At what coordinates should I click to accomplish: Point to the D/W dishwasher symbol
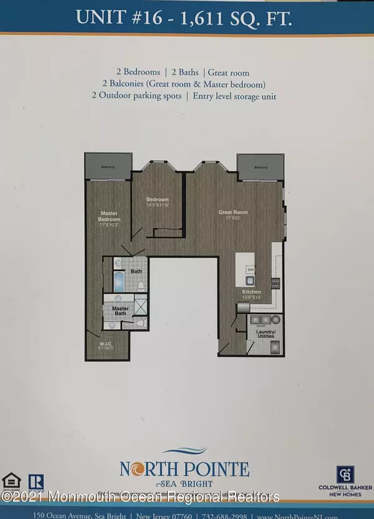(251, 270)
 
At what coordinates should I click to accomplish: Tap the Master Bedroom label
(109, 217)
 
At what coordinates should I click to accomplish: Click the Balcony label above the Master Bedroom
(108, 166)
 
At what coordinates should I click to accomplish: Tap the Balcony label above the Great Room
(261, 167)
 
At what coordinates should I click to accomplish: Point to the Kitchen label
(252, 292)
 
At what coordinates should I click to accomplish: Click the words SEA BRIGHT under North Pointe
(186, 483)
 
